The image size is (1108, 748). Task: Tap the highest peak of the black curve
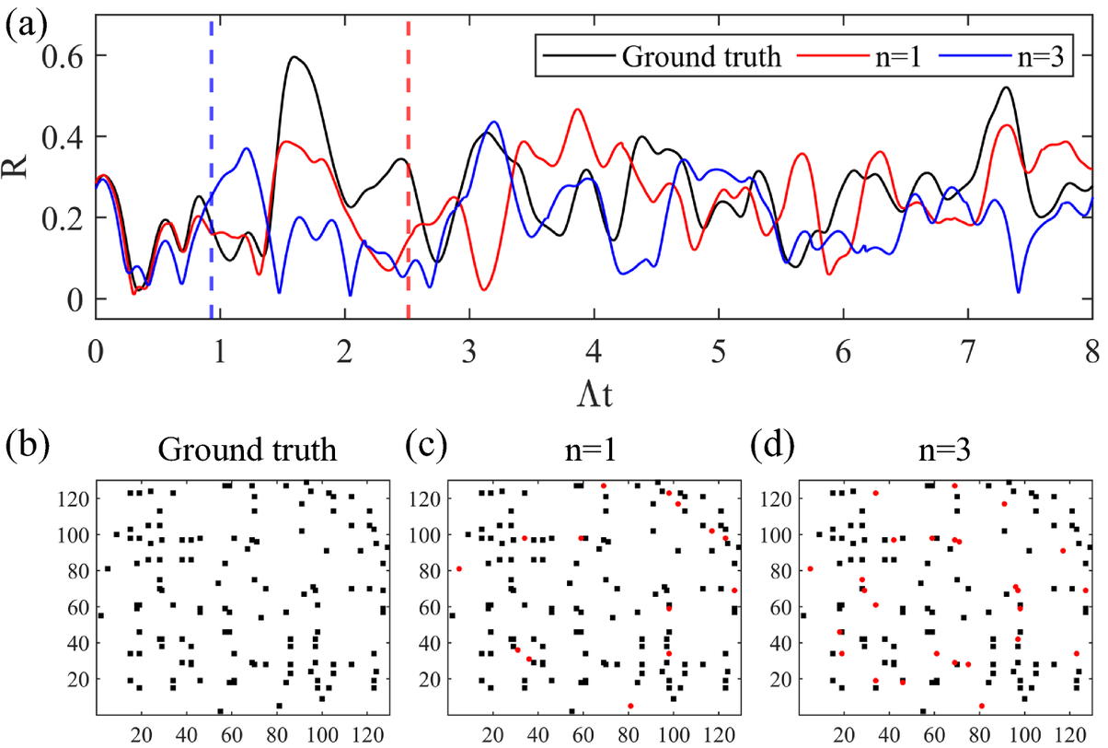coord(294,57)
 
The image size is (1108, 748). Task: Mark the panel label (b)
coord(23,449)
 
